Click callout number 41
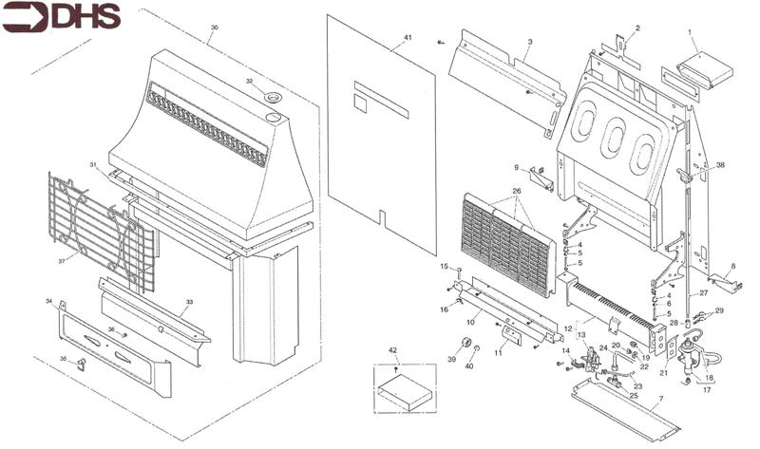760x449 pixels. tap(408, 37)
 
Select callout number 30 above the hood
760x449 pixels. tap(214, 28)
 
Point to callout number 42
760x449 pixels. tap(393, 351)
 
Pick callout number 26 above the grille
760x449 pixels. tap(516, 191)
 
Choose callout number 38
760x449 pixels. tap(719, 164)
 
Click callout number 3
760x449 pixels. tap(529, 43)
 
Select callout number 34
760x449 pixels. tap(47, 302)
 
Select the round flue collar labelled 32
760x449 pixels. tap(273, 98)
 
